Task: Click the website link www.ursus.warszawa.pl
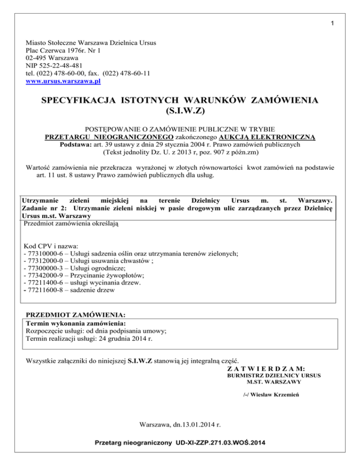click(x=64, y=81)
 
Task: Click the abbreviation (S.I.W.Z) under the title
click(x=180, y=112)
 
